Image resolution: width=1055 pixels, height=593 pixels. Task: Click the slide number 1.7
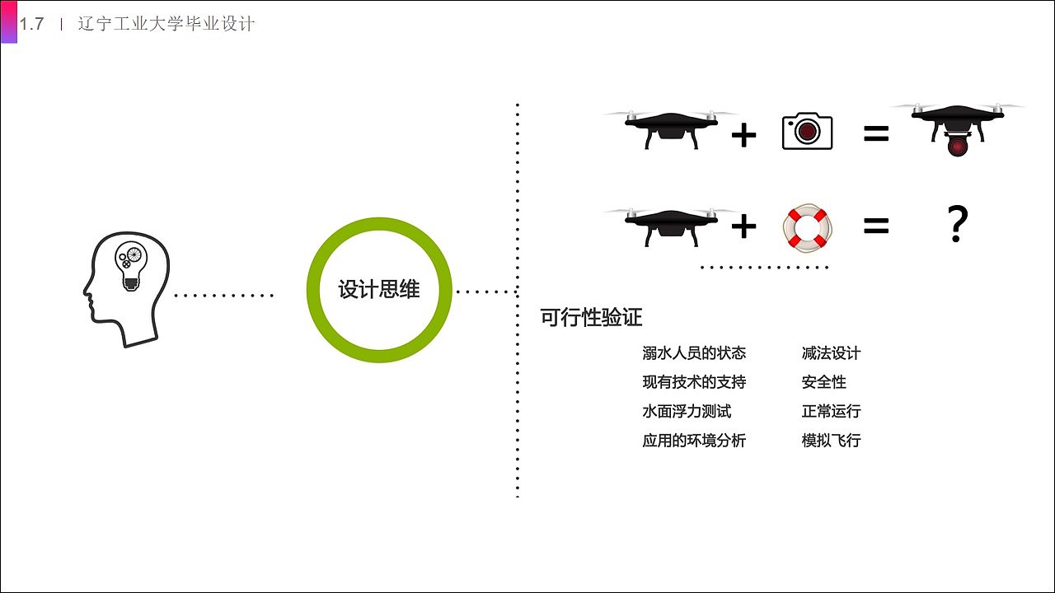pyautogui.click(x=31, y=25)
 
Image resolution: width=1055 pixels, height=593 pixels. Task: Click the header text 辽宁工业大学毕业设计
pyautogui.click(x=166, y=25)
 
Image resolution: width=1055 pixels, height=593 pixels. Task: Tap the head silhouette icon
pyautogui.click(x=125, y=288)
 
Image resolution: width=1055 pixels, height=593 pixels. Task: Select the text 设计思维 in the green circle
pyautogui.click(x=379, y=290)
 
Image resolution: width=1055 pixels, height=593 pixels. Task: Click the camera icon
pyautogui.click(x=807, y=132)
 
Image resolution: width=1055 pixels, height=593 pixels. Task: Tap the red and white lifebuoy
pyautogui.click(x=807, y=226)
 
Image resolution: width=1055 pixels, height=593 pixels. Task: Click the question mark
pyautogui.click(x=956, y=224)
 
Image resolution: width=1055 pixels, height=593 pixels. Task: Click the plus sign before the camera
pyautogui.click(x=743, y=134)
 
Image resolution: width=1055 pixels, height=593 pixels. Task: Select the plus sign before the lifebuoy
pyautogui.click(x=743, y=226)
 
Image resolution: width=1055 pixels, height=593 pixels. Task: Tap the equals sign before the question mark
pyautogui.click(x=876, y=226)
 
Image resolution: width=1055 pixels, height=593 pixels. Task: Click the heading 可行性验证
pyautogui.click(x=591, y=318)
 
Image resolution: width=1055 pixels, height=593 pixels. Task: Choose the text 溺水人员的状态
pyautogui.click(x=694, y=353)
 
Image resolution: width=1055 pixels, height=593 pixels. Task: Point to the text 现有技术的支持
pyautogui.click(x=694, y=382)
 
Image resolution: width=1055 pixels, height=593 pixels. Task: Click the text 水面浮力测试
pyautogui.click(x=687, y=411)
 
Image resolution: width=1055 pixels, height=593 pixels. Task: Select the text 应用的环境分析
pyautogui.click(x=694, y=441)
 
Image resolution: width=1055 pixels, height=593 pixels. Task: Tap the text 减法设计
pyautogui.click(x=831, y=353)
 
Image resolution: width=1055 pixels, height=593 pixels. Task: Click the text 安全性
pyautogui.click(x=823, y=382)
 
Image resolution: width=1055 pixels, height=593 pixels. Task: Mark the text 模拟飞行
pyautogui.click(x=831, y=441)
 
